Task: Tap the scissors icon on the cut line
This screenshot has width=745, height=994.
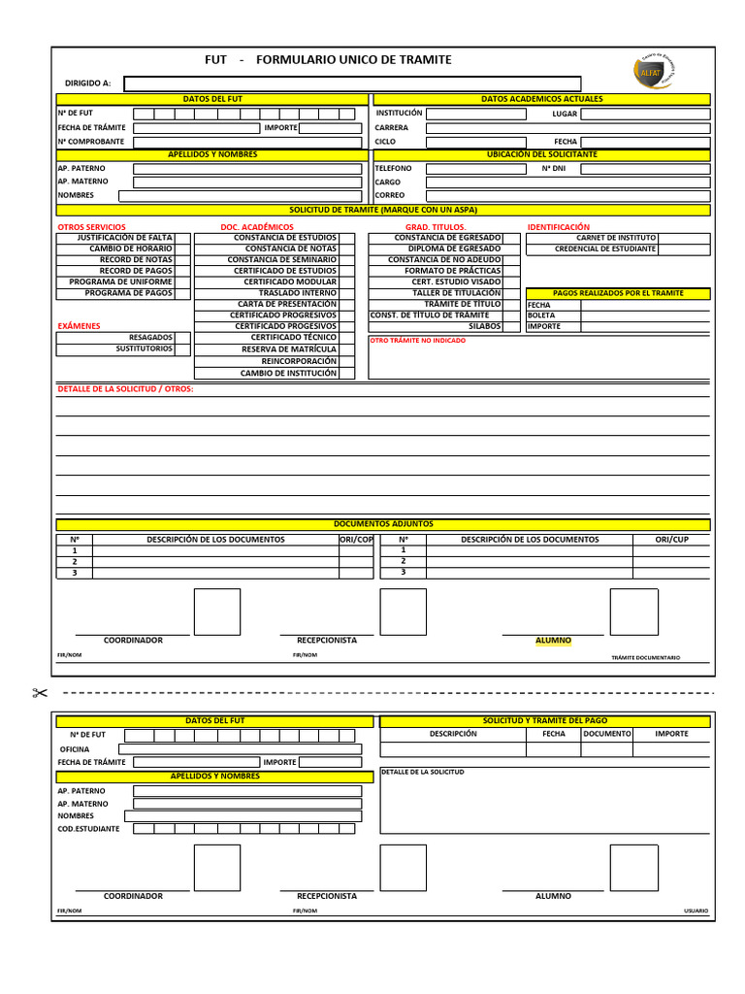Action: (x=40, y=692)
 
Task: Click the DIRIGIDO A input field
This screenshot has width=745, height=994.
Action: (x=353, y=83)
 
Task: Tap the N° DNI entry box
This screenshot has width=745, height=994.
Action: (x=645, y=169)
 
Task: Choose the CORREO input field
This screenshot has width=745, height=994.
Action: (x=567, y=195)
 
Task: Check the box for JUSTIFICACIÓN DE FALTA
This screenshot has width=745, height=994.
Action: (x=182, y=238)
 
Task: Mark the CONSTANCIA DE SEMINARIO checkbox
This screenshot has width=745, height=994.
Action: (x=347, y=260)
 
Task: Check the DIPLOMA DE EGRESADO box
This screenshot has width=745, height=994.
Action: (x=511, y=248)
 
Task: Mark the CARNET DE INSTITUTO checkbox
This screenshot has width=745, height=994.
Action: (x=684, y=238)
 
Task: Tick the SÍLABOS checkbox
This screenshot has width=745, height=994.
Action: (x=511, y=327)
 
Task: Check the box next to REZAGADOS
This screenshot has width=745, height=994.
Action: (x=182, y=338)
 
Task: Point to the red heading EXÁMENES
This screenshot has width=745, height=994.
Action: (x=79, y=326)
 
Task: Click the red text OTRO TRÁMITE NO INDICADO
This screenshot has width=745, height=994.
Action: (x=417, y=341)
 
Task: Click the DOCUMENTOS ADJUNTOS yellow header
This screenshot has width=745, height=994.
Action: (x=383, y=524)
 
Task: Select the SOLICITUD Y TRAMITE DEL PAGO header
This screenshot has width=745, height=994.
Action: (x=545, y=721)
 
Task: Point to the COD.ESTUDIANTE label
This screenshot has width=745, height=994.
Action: (x=89, y=829)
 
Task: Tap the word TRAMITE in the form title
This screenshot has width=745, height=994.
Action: (x=420, y=60)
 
